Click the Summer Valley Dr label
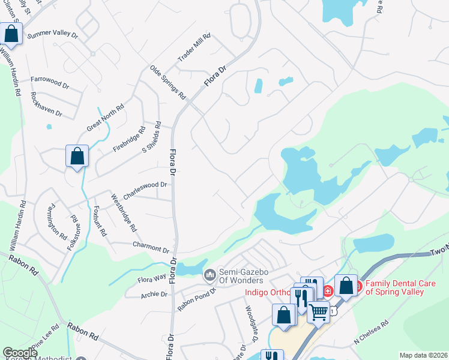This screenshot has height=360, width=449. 52,35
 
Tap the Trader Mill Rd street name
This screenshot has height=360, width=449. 194,48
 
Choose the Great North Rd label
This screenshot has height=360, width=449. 105,117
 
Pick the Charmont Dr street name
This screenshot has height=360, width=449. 151,247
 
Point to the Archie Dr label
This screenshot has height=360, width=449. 155,294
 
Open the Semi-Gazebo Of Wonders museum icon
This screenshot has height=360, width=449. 209,275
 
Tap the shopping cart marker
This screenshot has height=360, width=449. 319,311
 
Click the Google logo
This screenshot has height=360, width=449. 20,353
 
